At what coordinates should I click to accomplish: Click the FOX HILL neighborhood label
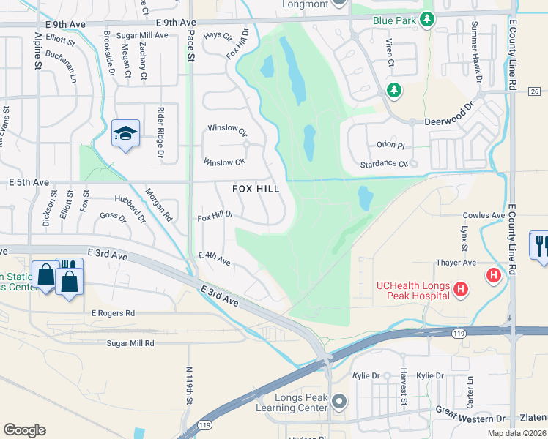(256, 189)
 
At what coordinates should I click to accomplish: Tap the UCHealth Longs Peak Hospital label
(412, 290)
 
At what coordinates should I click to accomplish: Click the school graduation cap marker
(126, 134)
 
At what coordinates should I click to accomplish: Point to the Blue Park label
(394, 20)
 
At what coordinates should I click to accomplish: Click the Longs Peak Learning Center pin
(338, 401)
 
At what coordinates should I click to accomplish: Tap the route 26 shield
(533, 91)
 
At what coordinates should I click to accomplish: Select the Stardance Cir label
(384, 164)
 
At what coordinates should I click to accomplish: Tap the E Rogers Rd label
(114, 313)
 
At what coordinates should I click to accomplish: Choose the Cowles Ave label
(484, 215)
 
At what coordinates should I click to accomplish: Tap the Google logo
(24, 429)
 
